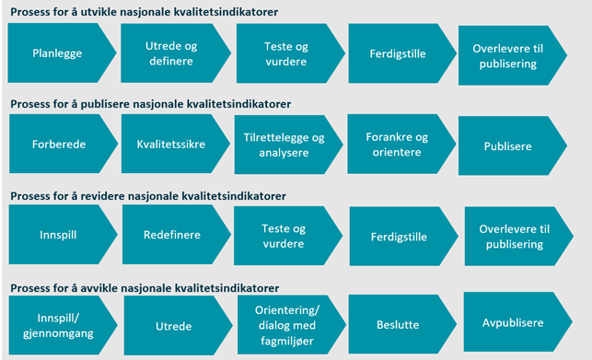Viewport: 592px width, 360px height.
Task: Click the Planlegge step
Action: point(57,53)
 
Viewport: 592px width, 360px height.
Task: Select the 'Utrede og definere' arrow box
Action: point(172,53)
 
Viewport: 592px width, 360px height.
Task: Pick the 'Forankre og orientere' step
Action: point(396,145)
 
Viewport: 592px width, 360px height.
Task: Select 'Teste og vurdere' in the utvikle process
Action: point(284,53)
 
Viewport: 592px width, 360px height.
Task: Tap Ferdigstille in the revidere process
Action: point(398,237)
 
